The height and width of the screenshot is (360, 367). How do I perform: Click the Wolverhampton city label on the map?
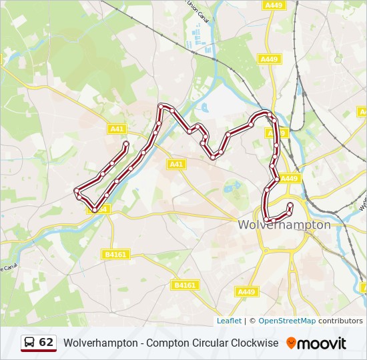pyautogui.click(x=284, y=225)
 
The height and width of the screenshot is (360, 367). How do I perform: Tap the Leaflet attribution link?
pyautogui.click(x=229, y=321)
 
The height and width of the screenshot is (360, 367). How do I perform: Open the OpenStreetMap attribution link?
pyautogui.click(x=287, y=321)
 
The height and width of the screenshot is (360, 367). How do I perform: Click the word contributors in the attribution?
pyautogui.click(x=340, y=321)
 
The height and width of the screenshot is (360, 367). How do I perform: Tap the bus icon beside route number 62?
pyautogui.click(x=30, y=343)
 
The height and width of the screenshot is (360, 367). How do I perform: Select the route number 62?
pyautogui.click(x=46, y=343)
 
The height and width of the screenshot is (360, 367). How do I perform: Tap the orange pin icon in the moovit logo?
pyautogui.click(x=291, y=343)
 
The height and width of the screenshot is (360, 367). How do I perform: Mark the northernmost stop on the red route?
pyautogui.click(x=161, y=106)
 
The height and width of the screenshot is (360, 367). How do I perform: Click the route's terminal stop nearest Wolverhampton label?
pyautogui.click(x=290, y=205)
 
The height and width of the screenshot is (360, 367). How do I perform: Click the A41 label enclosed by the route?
pyautogui.click(x=176, y=164)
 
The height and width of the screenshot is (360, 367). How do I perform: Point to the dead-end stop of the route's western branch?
pyautogui.click(x=125, y=143)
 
